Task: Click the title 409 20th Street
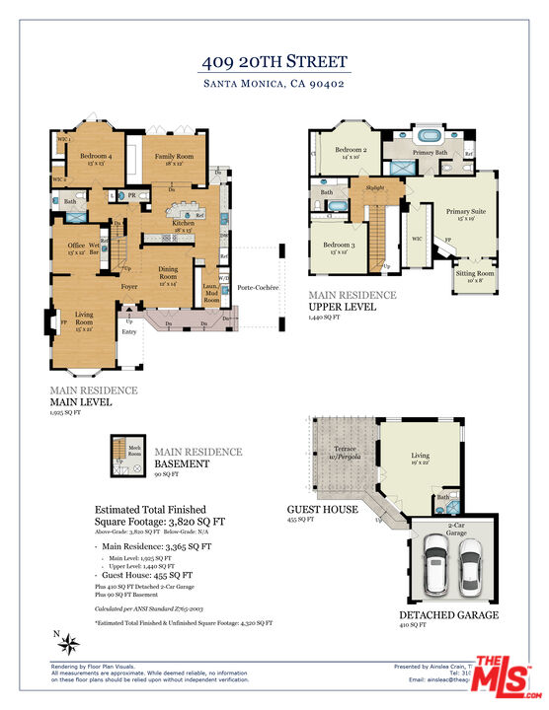point(274,61)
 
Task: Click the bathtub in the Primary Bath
point(431,135)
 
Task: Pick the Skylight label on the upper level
point(374,186)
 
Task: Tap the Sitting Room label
point(474,276)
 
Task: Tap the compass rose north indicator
point(69,644)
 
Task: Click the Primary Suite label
point(465,214)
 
